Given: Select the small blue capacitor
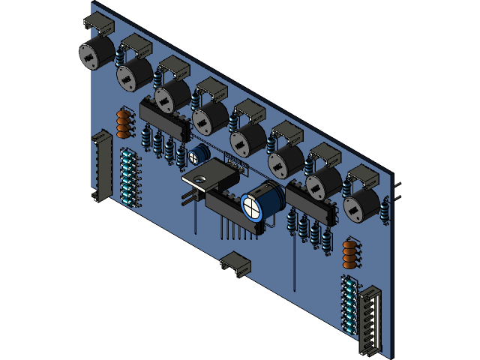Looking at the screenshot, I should coord(199,155).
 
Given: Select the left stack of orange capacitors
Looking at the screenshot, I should coord(124,124).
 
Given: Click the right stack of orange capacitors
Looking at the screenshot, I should coord(349,253).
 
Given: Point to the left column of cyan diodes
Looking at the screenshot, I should coord(127,177).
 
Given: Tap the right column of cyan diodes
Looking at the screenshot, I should coord(349,304).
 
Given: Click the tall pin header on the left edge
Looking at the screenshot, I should coord(100,165).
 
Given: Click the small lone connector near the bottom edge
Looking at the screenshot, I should coord(236,264).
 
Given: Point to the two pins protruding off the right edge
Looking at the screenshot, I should coord(397,190).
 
